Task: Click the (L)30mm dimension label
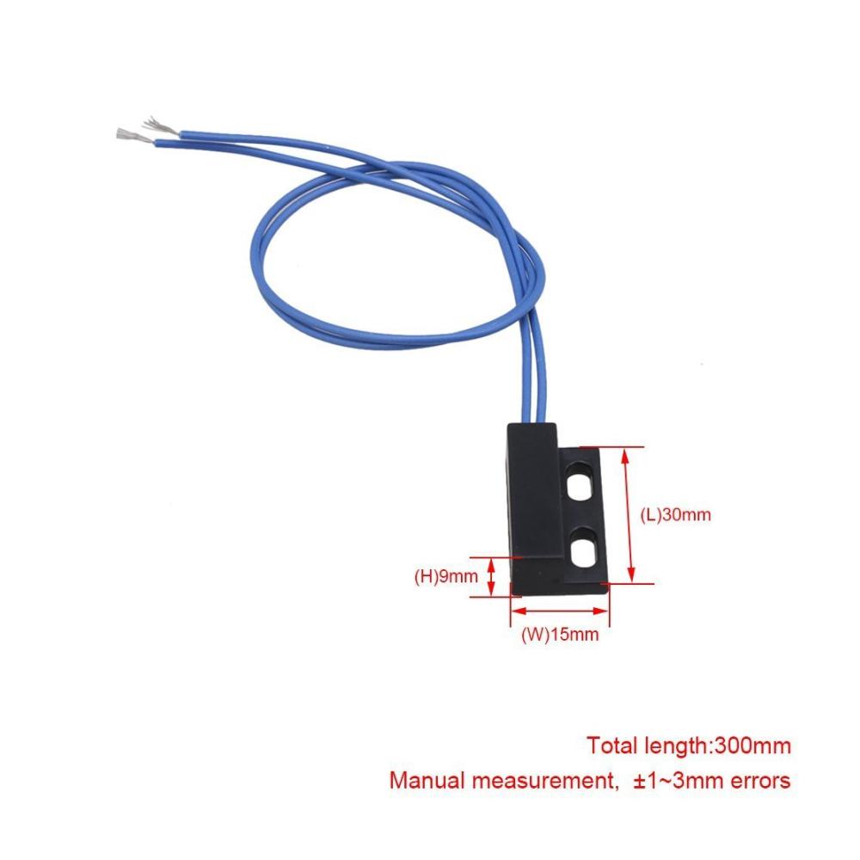tap(675, 514)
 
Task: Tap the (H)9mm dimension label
tap(445, 576)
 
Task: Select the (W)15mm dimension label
tap(560, 635)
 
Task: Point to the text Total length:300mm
tap(689, 746)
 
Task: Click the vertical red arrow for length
tap(628, 514)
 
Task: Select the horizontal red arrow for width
tap(560, 611)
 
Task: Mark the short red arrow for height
tap(491, 577)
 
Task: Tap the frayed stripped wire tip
tap(160, 126)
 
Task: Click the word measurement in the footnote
tap(542, 780)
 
